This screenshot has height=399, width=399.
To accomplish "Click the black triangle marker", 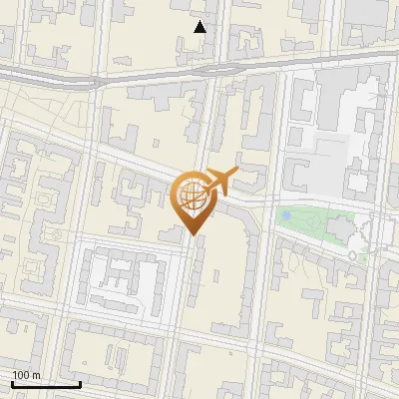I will click(x=199, y=27).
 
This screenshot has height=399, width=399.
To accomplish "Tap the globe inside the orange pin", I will click(x=194, y=195).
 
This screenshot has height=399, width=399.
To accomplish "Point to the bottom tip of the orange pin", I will click(x=194, y=235).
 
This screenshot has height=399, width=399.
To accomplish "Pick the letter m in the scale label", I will click(x=37, y=374).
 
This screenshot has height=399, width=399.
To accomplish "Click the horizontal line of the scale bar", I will click(x=46, y=384).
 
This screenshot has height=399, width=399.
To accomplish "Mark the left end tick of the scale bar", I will click(x=12, y=382).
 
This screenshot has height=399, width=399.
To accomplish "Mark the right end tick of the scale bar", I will click(x=80, y=382).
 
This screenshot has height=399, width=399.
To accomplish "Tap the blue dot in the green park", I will click(x=286, y=214).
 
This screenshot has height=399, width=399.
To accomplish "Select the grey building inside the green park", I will click(x=339, y=232).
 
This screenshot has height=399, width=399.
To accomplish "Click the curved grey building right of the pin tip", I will click(x=239, y=213).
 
